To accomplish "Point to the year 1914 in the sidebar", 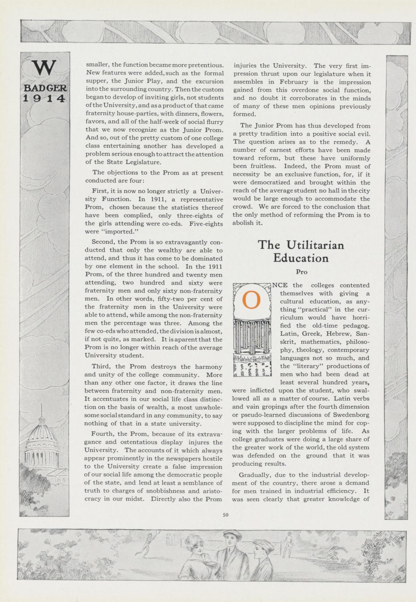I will pos(44,98).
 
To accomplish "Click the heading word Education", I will pos(301,258).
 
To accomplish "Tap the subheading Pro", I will pos(302,272).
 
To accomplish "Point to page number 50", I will pos(225,515).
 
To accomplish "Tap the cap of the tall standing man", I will pos(232,534).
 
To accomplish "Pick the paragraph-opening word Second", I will pos(104,242).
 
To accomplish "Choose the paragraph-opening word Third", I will pos(101,366).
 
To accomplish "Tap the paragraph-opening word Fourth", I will pos(104,434).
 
